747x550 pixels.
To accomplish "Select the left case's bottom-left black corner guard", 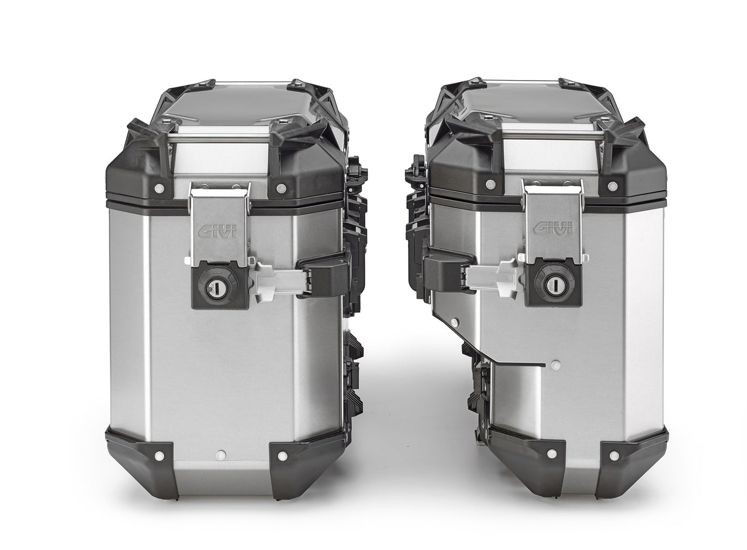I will point(142,458).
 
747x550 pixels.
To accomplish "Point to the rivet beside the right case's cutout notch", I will point(556,365).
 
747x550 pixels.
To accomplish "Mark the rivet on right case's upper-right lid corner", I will point(612,186).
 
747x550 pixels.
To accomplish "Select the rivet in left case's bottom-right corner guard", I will point(282,456).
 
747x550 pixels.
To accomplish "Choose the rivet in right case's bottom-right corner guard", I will point(613,456).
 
